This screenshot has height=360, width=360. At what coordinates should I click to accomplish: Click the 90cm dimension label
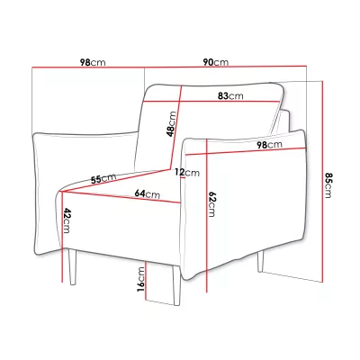(216, 62)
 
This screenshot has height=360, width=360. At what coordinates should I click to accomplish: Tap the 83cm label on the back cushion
(230, 96)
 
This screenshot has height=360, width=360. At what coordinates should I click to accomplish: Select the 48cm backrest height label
(172, 124)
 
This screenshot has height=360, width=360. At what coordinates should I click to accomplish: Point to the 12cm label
(187, 173)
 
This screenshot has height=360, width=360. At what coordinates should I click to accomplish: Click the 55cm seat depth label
(103, 178)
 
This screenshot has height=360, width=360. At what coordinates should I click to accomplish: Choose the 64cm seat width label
(147, 193)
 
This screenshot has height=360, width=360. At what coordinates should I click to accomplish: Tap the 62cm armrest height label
(211, 204)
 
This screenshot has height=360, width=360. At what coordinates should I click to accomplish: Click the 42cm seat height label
(67, 220)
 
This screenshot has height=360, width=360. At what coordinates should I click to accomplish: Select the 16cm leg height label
(140, 279)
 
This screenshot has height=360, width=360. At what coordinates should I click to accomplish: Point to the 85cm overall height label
(328, 185)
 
